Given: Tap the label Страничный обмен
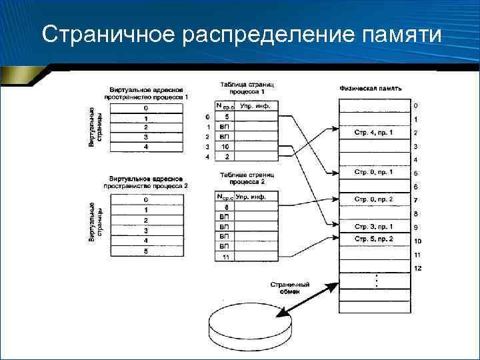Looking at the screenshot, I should coord(289,287).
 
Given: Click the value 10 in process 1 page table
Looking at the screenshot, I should coord(225,146).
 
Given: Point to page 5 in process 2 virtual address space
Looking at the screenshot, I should coord(145,251).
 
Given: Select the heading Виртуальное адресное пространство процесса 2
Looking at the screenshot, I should coord(145,183).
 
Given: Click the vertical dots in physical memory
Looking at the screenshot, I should coord(376,281).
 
